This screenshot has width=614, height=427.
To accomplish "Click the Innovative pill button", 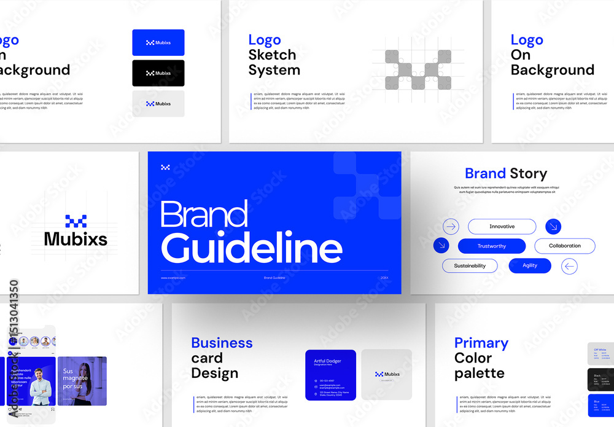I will click(502, 227).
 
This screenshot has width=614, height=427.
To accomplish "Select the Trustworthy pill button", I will click(492, 246).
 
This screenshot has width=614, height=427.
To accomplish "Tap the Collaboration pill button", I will click(564, 246).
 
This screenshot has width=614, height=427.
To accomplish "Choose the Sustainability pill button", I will click(470, 266).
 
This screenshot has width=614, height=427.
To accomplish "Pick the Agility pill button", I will click(530, 265).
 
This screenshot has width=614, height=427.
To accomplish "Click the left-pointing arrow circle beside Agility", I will click(570, 266).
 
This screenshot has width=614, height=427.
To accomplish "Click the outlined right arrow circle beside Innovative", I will click(451, 227).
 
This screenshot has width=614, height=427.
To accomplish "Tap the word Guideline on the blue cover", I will click(251, 248).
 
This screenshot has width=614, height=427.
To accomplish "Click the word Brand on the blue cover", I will click(204, 214).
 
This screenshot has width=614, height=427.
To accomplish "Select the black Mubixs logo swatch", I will click(158, 73).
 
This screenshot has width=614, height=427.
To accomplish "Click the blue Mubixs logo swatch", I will click(158, 42).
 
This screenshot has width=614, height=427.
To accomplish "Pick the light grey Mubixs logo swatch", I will click(158, 104).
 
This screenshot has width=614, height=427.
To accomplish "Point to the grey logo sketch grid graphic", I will click(418, 69).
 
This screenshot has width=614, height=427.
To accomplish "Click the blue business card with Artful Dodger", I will click(330, 375).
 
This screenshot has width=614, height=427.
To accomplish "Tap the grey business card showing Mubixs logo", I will click(387, 374).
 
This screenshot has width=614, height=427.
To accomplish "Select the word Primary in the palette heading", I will click(481, 343).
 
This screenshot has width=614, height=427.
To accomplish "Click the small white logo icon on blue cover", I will click(165, 167).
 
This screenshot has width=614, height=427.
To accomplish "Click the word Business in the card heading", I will click(222, 343).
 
